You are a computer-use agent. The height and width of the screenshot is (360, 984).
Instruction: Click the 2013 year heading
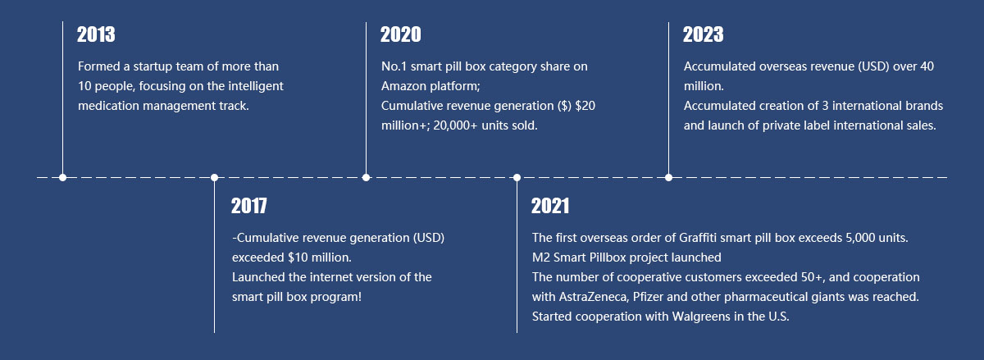(x=96, y=34)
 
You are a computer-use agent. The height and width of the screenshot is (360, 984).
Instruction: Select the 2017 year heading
(x=249, y=206)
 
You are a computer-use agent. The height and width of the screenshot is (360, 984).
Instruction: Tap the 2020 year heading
(x=401, y=34)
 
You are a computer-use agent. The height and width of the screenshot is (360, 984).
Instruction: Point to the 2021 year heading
(x=550, y=206)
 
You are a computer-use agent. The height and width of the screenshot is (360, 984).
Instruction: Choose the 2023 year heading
(x=704, y=34)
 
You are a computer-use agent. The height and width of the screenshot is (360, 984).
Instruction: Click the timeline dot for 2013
(x=63, y=178)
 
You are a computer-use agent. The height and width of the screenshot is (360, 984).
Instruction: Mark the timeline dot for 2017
(x=214, y=178)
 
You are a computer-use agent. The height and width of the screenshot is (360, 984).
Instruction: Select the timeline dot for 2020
(x=366, y=178)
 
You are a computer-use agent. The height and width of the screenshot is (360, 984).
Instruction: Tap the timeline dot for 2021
(x=517, y=178)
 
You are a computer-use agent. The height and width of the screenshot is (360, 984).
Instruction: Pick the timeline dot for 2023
(x=668, y=178)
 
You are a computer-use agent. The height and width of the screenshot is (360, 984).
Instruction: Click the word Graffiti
(x=698, y=238)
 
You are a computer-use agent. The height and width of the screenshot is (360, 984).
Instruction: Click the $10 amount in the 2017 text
(x=298, y=257)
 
